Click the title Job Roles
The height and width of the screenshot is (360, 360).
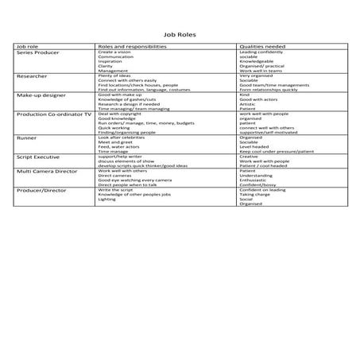pyautogui.click(x=180, y=35)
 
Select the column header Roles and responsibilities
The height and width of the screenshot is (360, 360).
pyautogui.click(x=132, y=47)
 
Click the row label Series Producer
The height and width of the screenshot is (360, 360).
pyautogui.click(x=38, y=52)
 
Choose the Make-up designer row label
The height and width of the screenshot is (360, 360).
pyautogui.click(x=41, y=95)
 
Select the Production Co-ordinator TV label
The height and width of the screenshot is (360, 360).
pyautogui.click(x=52, y=114)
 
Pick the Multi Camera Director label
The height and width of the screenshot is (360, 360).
pyautogui.click(x=48, y=170)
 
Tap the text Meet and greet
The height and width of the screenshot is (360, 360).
pyautogui.click(x=116, y=141)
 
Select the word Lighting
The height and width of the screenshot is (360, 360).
pyautogui.click(x=107, y=200)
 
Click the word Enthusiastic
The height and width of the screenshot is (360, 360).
pyautogui.click(x=257, y=180)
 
